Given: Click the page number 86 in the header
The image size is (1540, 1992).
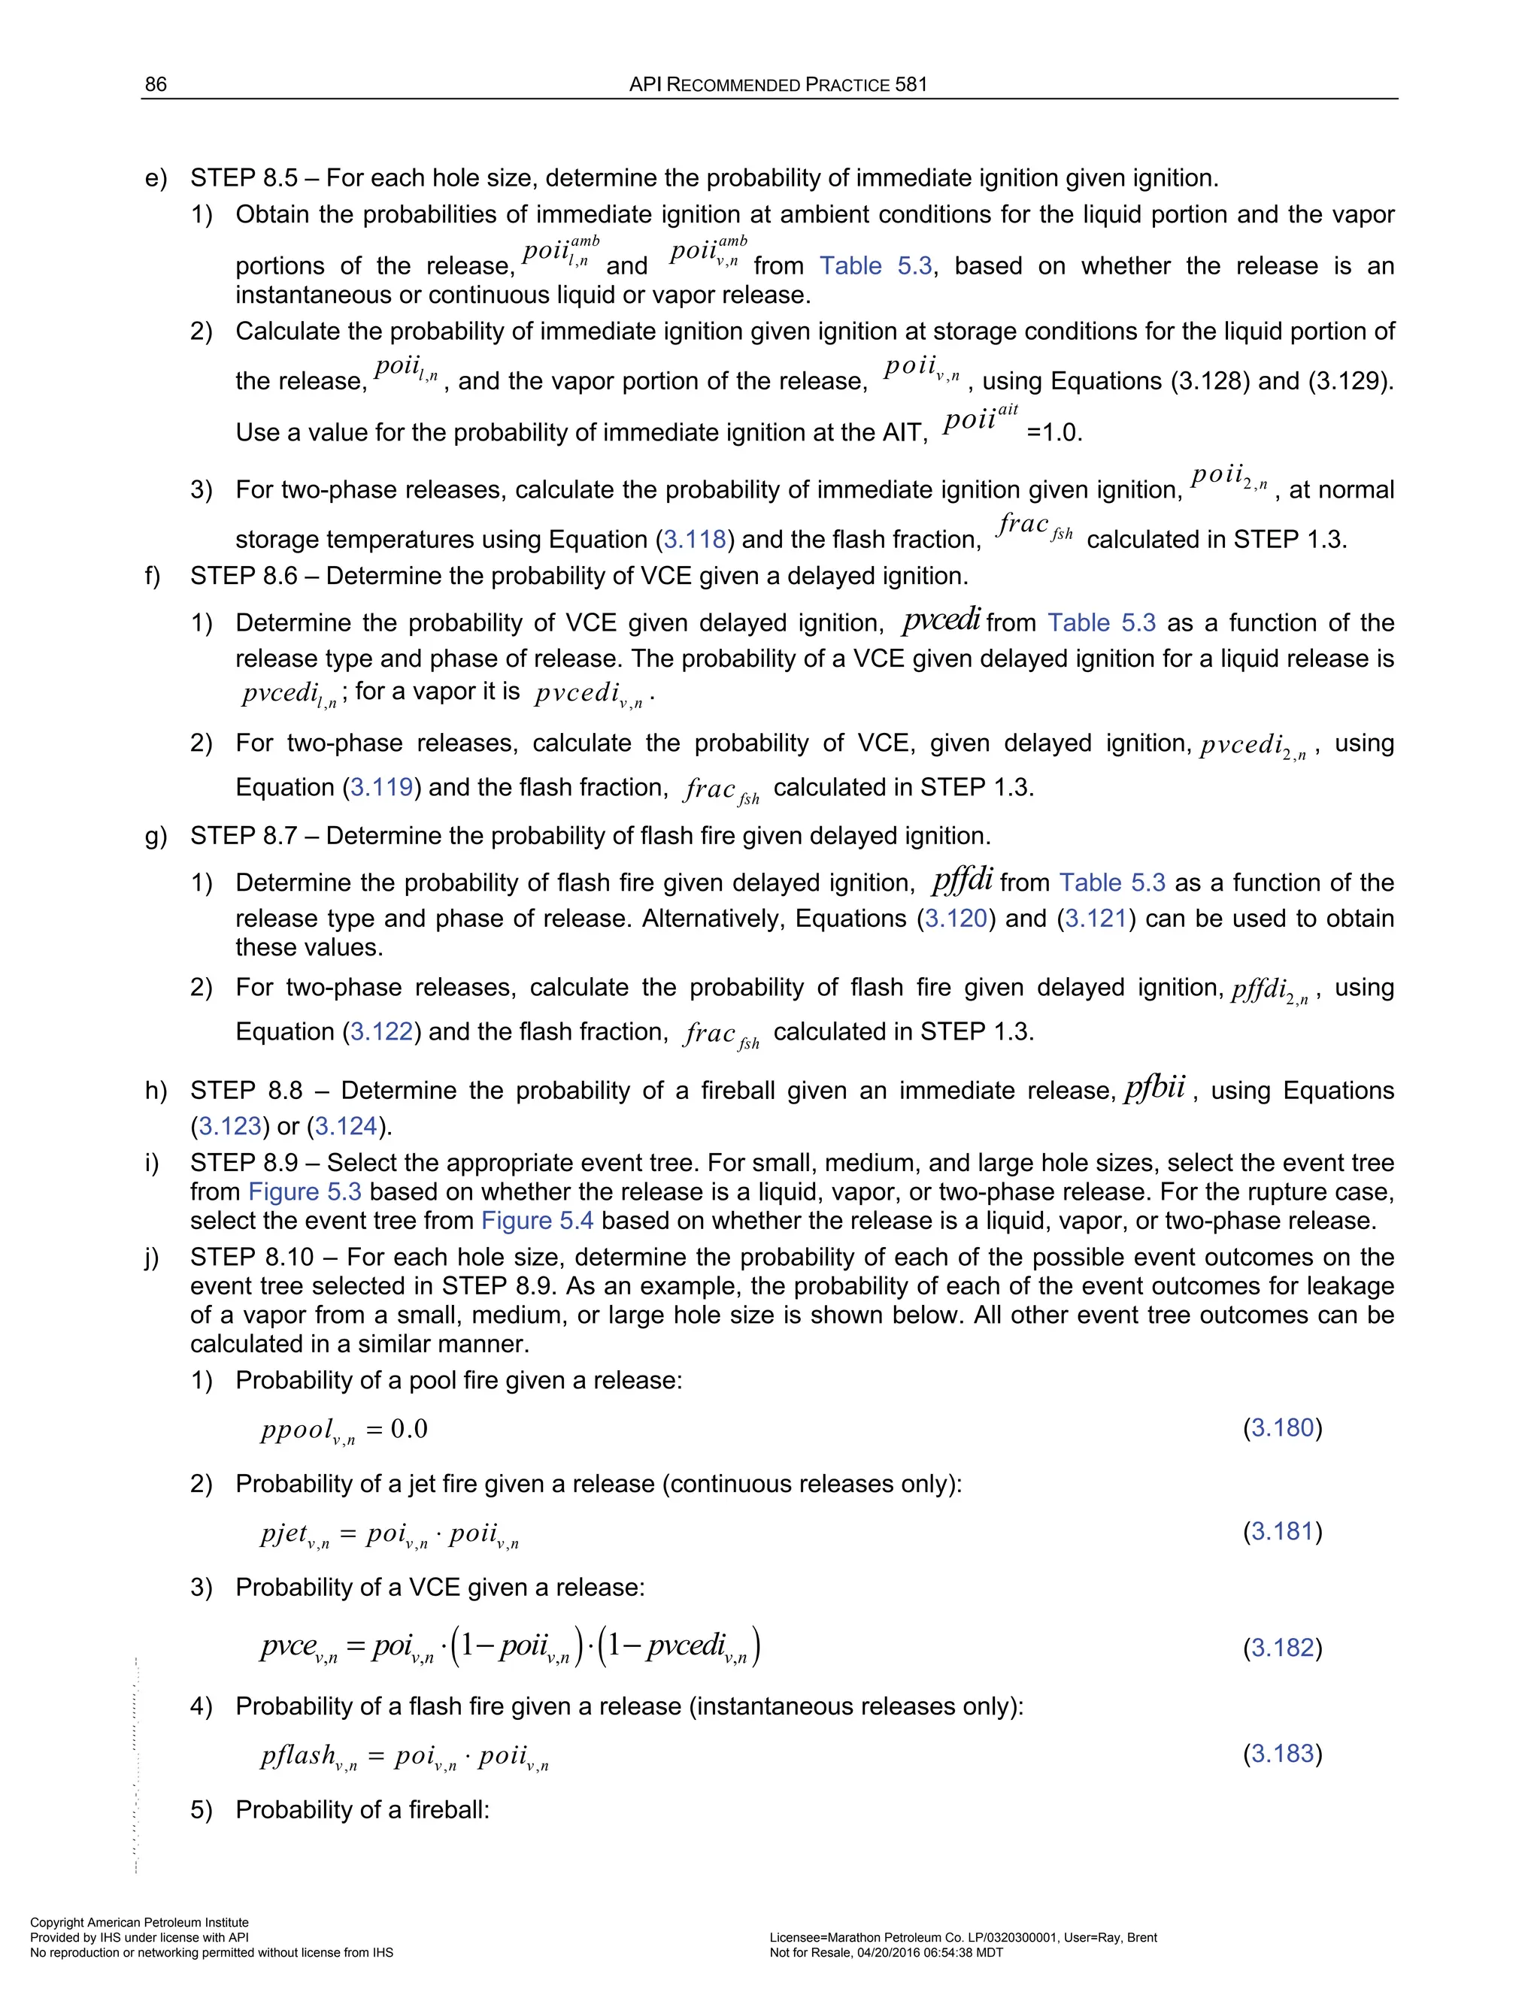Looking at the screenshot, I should tap(156, 85).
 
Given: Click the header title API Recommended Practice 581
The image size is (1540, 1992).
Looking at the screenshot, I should tap(778, 85).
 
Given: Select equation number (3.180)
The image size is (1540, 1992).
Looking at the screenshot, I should tap(1282, 1427).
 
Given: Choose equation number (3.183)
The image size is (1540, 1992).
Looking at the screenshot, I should tap(1282, 1753).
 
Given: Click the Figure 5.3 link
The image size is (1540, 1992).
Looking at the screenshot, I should tap(305, 1191).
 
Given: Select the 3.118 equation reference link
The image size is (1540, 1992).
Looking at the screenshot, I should tap(694, 539).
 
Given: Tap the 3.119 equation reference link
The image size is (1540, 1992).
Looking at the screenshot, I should tap(382, 787).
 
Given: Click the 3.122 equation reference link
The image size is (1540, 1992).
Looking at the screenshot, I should tap(382, 1031).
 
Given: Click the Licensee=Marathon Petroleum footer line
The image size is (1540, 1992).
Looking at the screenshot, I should tap(962, 1937).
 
